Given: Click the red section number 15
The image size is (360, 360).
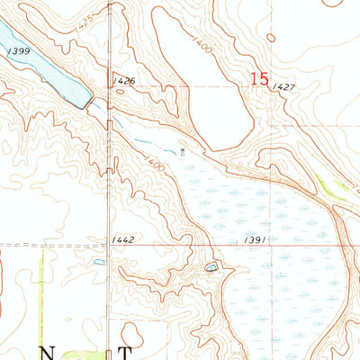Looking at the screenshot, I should click(x=259, y=79).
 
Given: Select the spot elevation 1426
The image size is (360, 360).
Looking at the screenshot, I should click(x=125, y=81).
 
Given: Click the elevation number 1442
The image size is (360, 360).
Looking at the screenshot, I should click(x=124, y=239).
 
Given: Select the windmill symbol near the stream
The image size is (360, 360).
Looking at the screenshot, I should click(x=183, y=151).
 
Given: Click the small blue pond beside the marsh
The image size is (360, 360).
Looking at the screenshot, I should click(x=211, y=267).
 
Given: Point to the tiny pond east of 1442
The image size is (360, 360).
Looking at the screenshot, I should click(x=99, y=263).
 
